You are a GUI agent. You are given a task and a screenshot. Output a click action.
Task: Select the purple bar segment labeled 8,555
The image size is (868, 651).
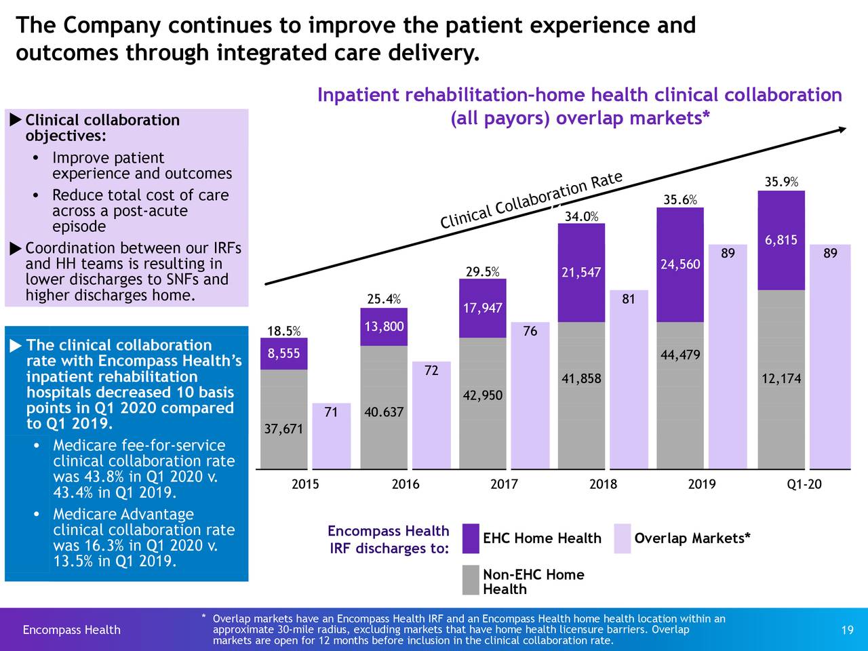(283, 353)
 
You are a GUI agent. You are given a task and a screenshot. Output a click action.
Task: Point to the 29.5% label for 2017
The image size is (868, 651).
(482, 272)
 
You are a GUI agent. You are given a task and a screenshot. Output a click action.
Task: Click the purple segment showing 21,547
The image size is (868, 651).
(581, 273)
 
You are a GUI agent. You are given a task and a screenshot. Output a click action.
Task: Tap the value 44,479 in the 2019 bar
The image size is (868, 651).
(679, 356)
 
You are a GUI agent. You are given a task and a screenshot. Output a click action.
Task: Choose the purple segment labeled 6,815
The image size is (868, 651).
(781, 241)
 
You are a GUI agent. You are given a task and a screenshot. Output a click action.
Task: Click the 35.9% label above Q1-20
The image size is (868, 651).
(781, 182)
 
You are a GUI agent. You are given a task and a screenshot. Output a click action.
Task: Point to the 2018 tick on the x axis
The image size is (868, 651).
(603, 484)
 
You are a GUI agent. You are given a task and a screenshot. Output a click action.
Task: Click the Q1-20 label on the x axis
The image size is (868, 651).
(804, 484)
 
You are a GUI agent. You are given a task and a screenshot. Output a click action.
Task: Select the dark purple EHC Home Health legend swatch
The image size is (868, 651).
(471, 538)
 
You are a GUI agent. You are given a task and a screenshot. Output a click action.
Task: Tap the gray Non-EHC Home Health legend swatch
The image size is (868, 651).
(471, 580)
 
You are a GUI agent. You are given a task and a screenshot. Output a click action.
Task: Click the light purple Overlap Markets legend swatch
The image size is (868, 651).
(622, 538)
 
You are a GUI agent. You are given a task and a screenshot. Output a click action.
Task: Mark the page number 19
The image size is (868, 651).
(847, 631)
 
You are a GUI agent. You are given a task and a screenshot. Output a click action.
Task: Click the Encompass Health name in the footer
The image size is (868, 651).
(71, 631)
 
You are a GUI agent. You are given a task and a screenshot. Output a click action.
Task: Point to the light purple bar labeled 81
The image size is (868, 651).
(629, 380)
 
